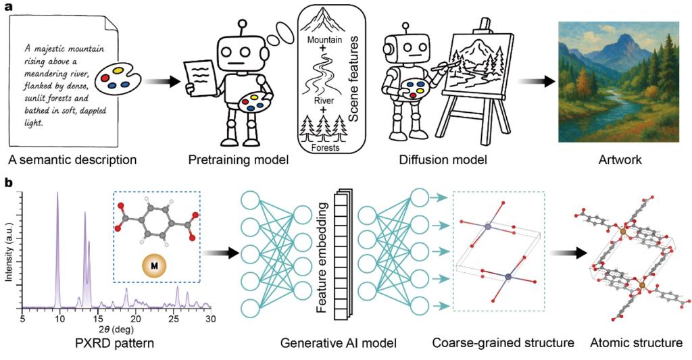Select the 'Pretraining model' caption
(239, 159)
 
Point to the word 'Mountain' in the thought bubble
(325, 40)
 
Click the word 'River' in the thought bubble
(324, 101)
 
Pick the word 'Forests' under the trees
(324, 147)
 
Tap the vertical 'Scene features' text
(353, 79)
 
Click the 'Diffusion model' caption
(443, 159)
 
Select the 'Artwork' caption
(620, 159)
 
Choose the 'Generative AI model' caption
(339, 342)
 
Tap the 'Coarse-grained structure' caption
(503, 342)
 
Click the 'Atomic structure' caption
(636, 342)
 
